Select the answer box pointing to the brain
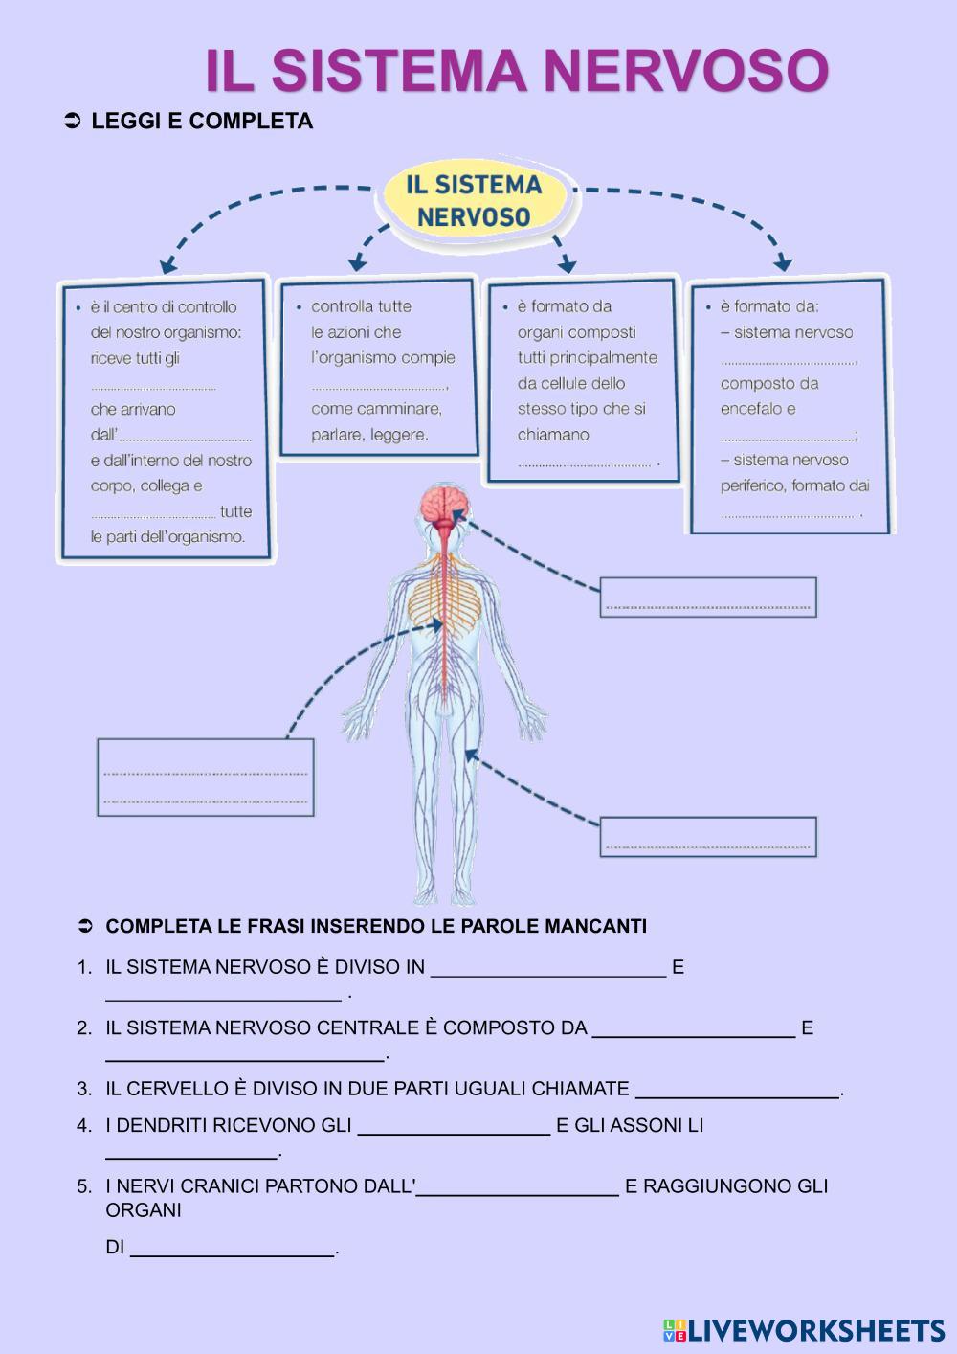(x=708, y=597)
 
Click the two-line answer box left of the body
(x=205, y=777)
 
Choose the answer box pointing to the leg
(x=708, y=836)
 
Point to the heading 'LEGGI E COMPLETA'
(x=202, y=122)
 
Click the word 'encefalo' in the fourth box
(x=750, y=409)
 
